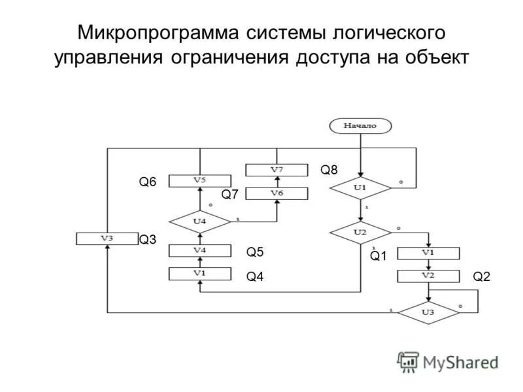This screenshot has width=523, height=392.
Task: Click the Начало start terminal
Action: pyautogui.click(x=361, y=125)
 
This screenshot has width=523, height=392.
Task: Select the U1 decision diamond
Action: pyautogui.click(x=360, y=188)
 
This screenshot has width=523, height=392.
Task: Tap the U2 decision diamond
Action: pyautogui.click(x=360, y=232)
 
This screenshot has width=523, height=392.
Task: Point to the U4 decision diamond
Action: pyautogui.click(x=200, y=221)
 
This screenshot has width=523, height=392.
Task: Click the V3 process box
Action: pyautogui.click(x=107, y=238)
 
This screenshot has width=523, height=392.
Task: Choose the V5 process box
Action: pyautogui.click(x=200, y=180)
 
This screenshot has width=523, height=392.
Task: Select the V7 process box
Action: pyautogui.click(x=277, y=170)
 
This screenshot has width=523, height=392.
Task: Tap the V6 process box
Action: pyautogui.click(x=277, y=193)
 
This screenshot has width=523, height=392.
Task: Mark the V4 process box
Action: pyautogui.click(x=200, y=250)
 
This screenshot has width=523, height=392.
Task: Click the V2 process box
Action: pyautogui.click(x=428, y=276)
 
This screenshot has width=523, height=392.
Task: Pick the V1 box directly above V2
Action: pyautogui.click(x=428, y=252)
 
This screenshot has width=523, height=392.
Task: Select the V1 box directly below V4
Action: pyautogui.click(x=200, y=274)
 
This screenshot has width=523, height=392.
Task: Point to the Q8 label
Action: pyautogui.click(x=329, y=171)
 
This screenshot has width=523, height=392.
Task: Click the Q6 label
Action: pyautogui.click(x=147, y=183)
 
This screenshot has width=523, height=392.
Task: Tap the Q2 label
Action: pyautogui.click(x=481, y=277)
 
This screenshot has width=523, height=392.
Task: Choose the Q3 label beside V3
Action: pyautogui.click(x=148, y=240)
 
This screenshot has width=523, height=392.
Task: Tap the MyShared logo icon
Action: pyautogui.click(x=409, y=361)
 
